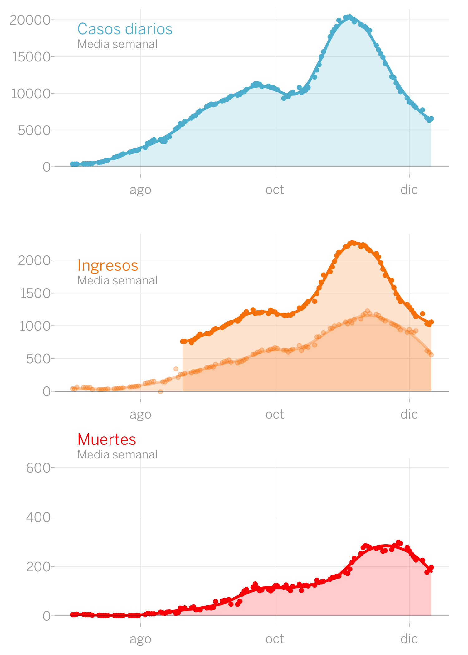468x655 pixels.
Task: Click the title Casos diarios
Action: (x=125, y=29)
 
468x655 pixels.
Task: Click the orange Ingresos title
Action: (x=108, y=265)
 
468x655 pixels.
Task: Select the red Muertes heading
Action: (x=107, y=439)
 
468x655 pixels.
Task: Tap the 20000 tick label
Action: (x=30, y=20)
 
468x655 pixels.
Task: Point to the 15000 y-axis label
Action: (x=31, y=57)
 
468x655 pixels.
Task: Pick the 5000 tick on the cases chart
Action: (x=34, y=130)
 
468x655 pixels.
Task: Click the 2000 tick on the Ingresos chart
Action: (x=34, y=260)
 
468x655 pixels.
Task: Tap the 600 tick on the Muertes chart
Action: (x=38, y=468)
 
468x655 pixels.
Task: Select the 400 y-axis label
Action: (x=38, y=517)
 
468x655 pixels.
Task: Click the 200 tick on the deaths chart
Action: (x=38, y=566)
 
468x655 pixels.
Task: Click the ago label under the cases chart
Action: (x=140, y=190)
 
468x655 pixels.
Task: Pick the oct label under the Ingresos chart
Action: (x=275, y=415)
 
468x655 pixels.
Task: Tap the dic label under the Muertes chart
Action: (x=409, y=639)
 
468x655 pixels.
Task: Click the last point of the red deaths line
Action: (x=431, y=567)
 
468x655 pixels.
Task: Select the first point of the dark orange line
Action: (x=183, y=342)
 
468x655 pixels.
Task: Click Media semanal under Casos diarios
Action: (x=117, y=44)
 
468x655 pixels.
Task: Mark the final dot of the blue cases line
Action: (x=431, y=119)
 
